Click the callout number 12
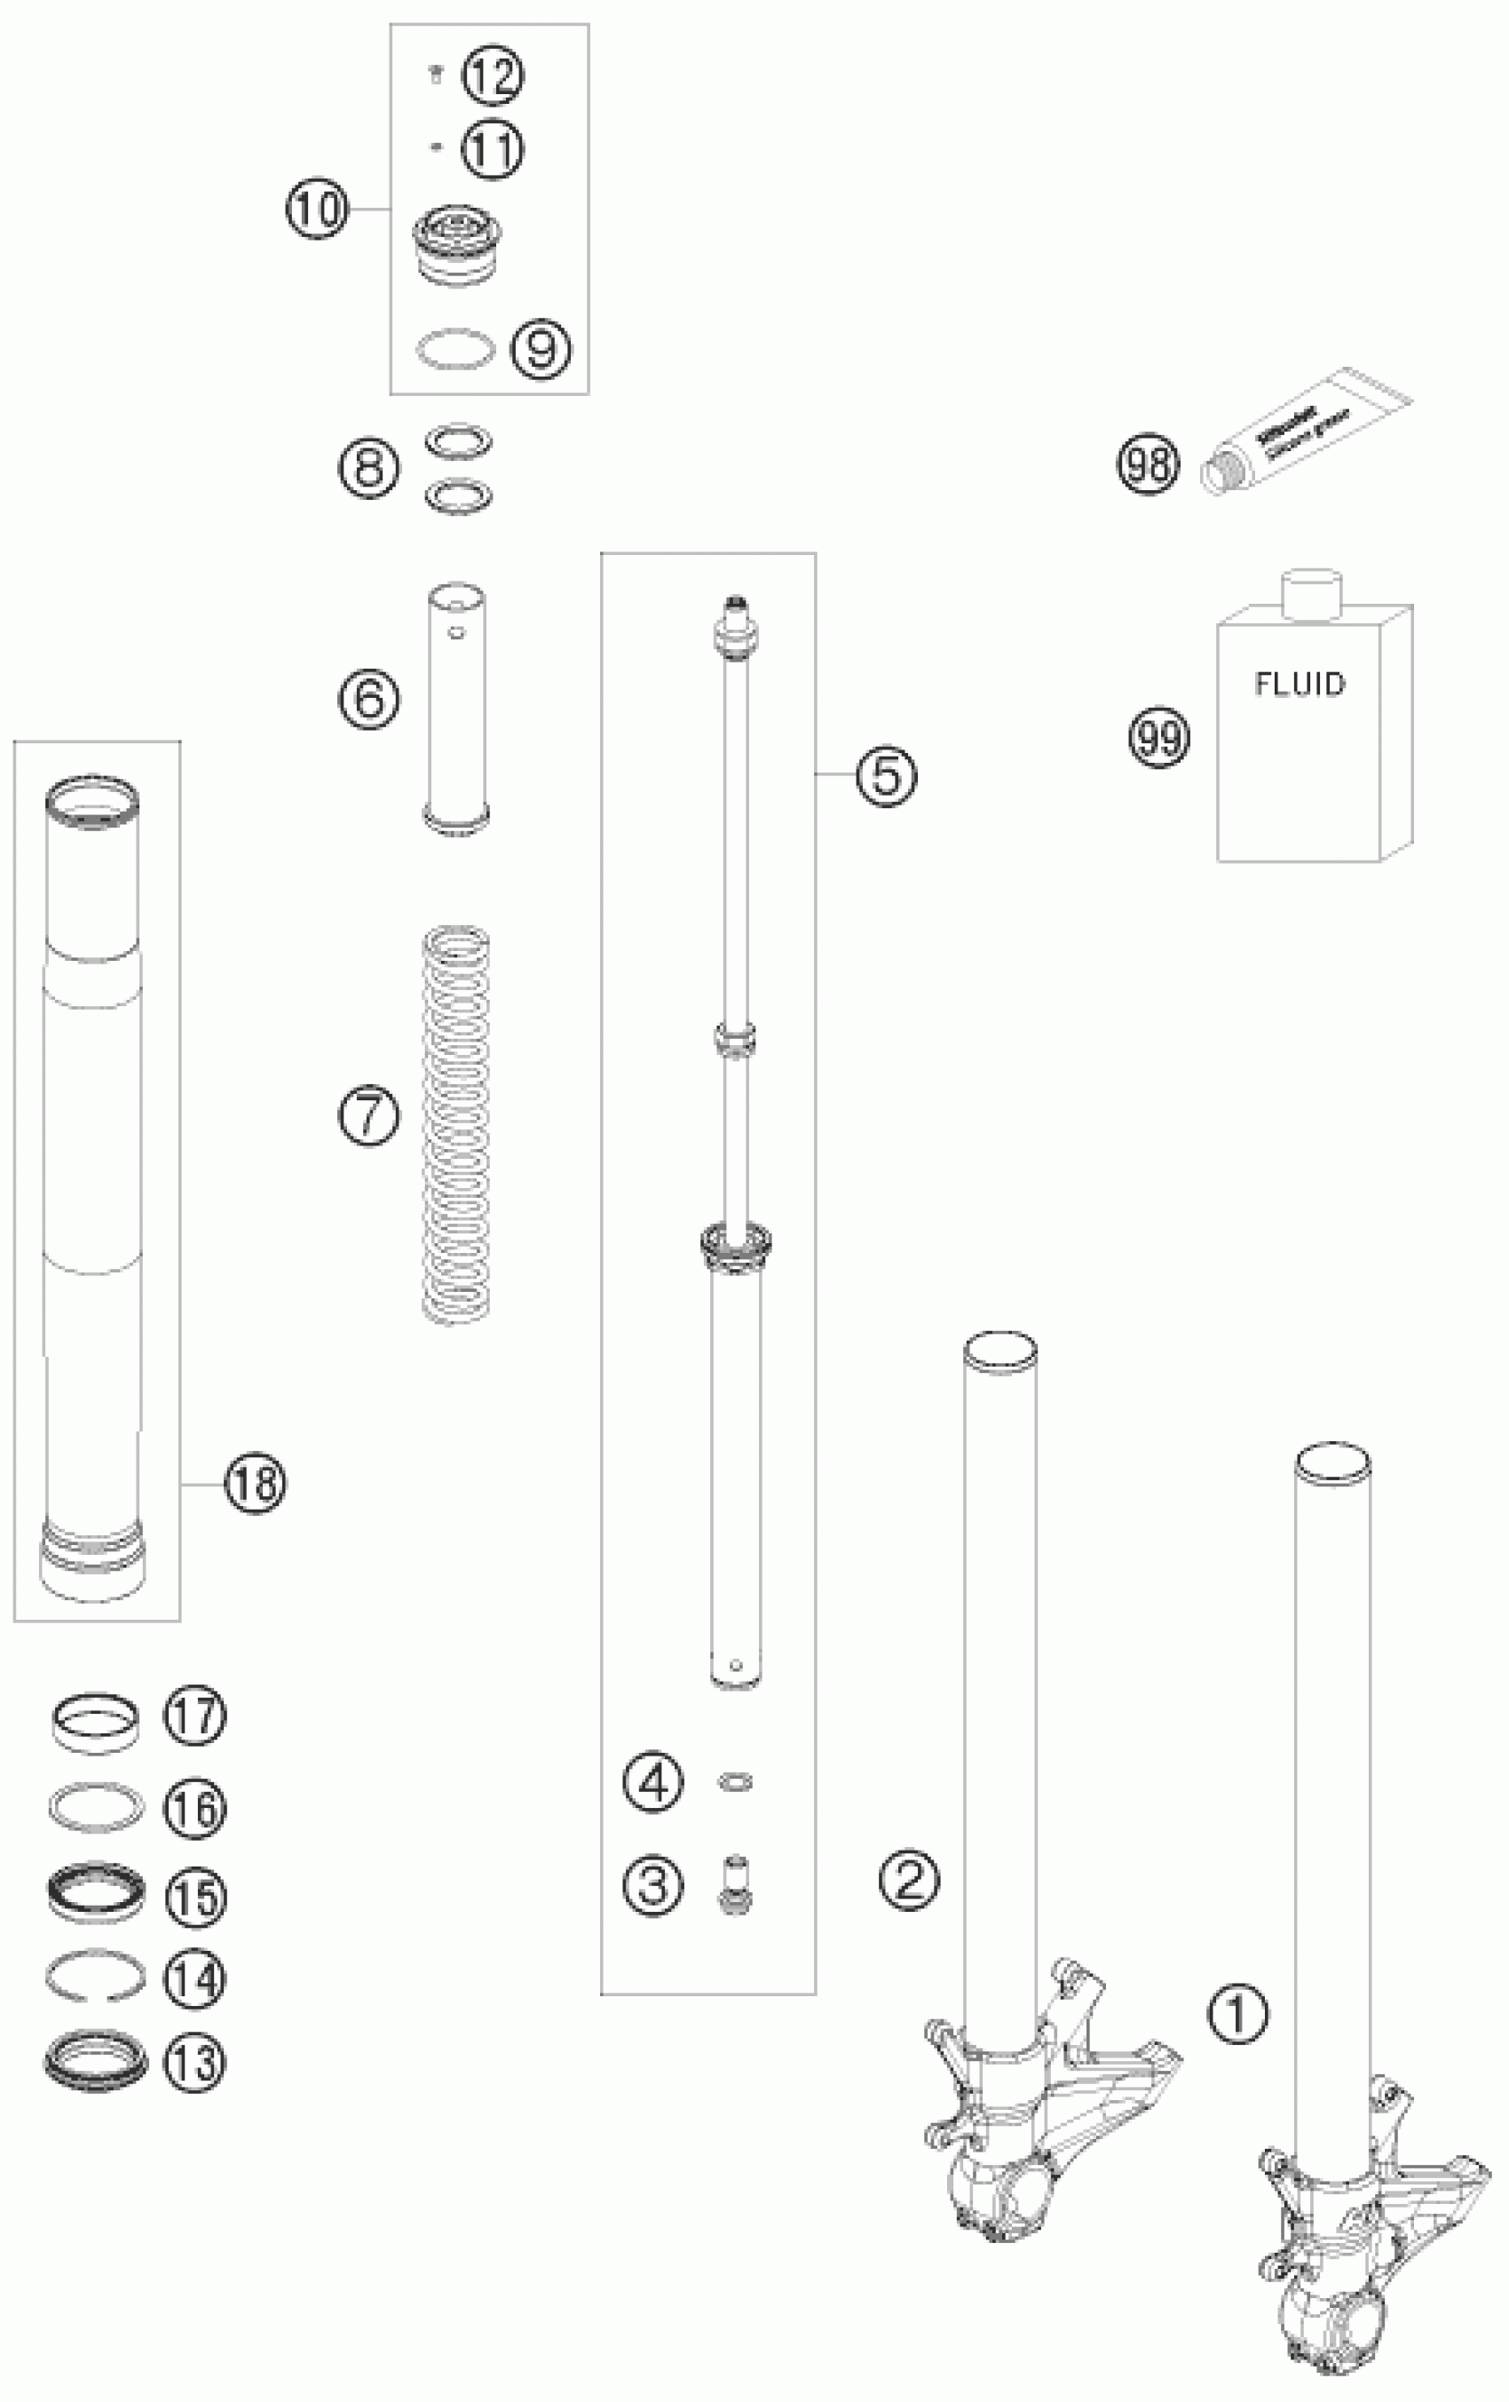(493, 75)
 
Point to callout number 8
(369, 467)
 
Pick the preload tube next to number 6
(457, 706)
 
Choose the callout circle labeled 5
(887, 774)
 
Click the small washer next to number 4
(735, 1782)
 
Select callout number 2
(909, 1882)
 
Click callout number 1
(1237, 2013)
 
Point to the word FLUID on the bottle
(1299, 685)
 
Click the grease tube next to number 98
(1305, 434)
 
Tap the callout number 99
(1159, 737)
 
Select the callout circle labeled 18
(256, 1483)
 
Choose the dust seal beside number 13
(96, 2061)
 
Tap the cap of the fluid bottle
(1312, 593)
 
